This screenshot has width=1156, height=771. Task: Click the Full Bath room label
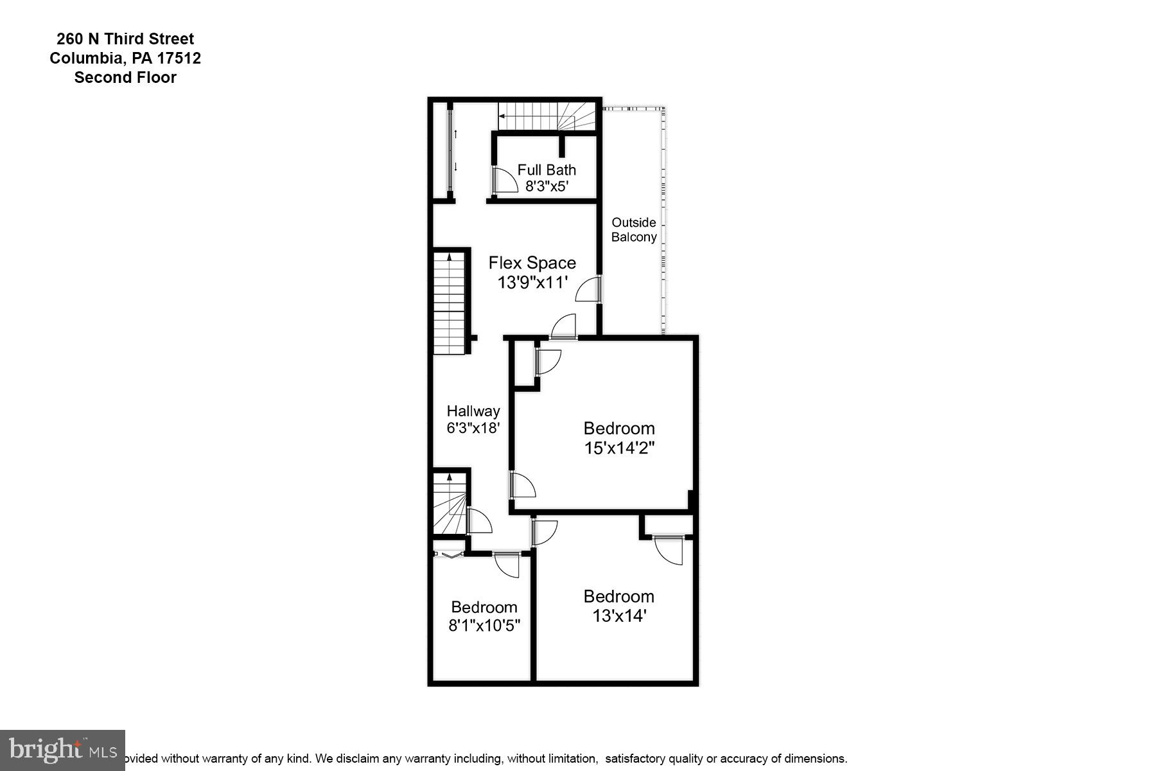[547, 170]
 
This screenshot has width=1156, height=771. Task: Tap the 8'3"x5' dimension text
[547, 187]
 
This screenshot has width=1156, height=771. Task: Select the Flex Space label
[532, 263]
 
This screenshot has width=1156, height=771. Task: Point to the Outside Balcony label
[634, 229]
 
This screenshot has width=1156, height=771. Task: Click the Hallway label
[473, 411]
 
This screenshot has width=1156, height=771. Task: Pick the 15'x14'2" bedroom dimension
[619, 448]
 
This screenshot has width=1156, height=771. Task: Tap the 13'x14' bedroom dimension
[619, 616]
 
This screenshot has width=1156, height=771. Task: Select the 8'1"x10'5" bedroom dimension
[484, 625]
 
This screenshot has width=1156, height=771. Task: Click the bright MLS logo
[62, 750]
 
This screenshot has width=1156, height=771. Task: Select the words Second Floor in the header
[125, 78]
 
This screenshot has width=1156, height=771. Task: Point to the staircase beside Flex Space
[449, 302]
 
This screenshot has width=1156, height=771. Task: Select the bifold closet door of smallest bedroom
[449, 554]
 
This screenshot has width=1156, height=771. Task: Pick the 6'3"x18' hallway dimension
[473, 428]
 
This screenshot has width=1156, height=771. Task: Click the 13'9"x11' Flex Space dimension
[532, 283]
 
